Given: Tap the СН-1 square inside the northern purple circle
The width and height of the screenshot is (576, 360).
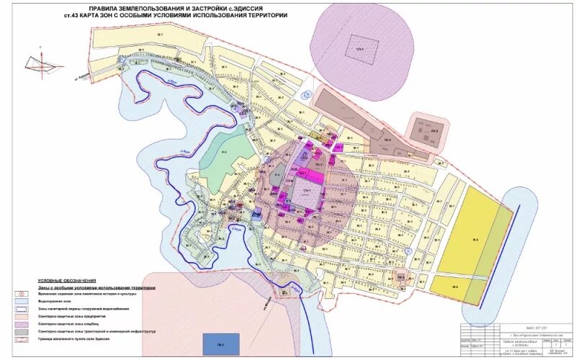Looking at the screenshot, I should coord(356,49).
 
